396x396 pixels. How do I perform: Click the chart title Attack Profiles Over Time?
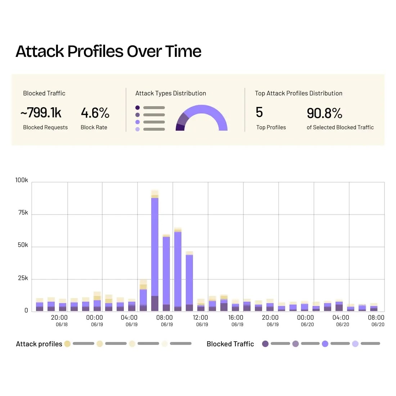pos(108,51)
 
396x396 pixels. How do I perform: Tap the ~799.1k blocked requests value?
pos(41,113)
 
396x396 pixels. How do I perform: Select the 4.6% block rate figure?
pos(95,113)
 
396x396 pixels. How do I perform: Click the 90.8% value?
pos(324,113)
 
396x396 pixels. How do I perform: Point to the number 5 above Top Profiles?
pos(259,112)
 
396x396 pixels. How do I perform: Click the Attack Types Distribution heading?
pos(171,93)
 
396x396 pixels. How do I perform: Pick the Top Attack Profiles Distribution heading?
pos(298,93)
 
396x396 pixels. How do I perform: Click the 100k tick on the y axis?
pos(22,180)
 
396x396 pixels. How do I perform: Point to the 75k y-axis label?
pos(23,213)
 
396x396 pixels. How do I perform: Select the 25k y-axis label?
pos(23,278)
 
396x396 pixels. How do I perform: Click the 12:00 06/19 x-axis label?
pos(201,320)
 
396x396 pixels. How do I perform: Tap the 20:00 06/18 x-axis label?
pos(59,320)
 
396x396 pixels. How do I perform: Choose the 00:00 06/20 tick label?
pos(306,320)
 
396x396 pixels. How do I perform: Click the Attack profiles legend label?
pos(39,344)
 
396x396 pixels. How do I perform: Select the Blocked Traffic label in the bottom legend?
pos(230,344)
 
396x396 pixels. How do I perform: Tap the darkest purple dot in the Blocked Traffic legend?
pos(265,344)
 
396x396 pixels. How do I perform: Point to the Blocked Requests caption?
pos(45,127)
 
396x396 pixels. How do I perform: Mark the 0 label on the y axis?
pos(26,310)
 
